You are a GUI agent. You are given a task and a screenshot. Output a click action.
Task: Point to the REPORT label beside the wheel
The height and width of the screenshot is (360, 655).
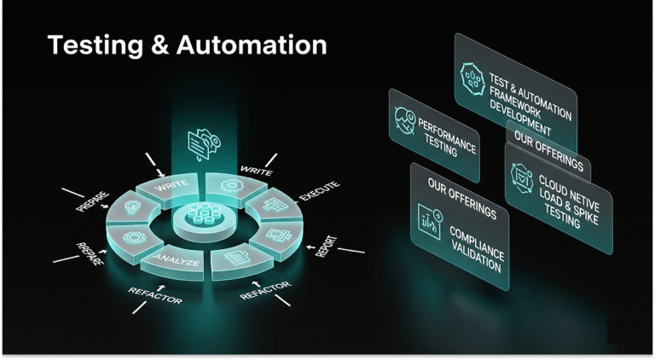click(326, 242)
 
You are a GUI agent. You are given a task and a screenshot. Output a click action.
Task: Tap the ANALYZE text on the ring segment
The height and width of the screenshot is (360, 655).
click(177, 262)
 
